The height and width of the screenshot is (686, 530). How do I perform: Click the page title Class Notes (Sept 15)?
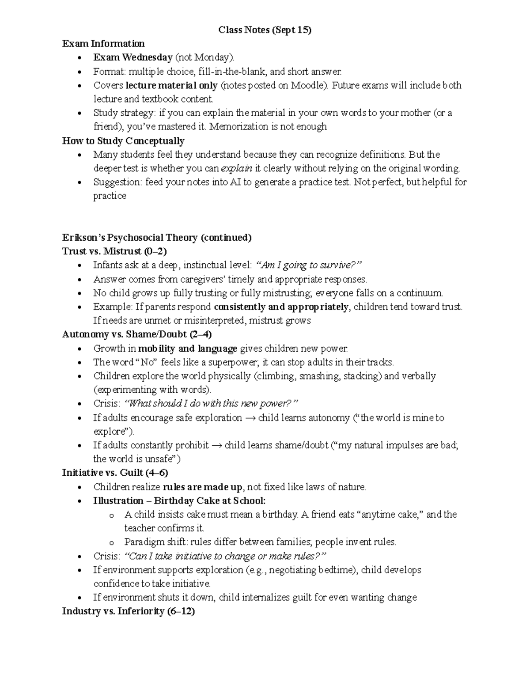point(265,30)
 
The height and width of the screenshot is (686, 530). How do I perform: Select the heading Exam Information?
point(103,44)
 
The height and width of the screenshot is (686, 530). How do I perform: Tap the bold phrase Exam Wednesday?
point(132,57)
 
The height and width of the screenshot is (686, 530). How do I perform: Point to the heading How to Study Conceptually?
point(123,141)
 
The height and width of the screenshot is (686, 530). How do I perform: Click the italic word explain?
point(236,168)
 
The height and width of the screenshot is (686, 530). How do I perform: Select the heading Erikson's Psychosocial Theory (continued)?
point(157,238)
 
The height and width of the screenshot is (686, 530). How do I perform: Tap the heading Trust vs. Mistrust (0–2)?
point(114,251)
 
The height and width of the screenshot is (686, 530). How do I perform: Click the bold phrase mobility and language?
point(188,349)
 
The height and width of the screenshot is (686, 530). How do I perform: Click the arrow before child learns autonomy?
point(250,418)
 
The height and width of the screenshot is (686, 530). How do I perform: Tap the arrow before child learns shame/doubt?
point(216,445)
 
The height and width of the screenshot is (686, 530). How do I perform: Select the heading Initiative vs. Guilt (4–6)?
point(115,473)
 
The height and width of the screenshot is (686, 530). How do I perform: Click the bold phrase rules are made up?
point(203,487)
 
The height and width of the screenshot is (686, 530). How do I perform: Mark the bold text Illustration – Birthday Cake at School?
point(179,501)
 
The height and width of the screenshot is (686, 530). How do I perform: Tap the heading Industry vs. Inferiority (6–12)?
point(129,611)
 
